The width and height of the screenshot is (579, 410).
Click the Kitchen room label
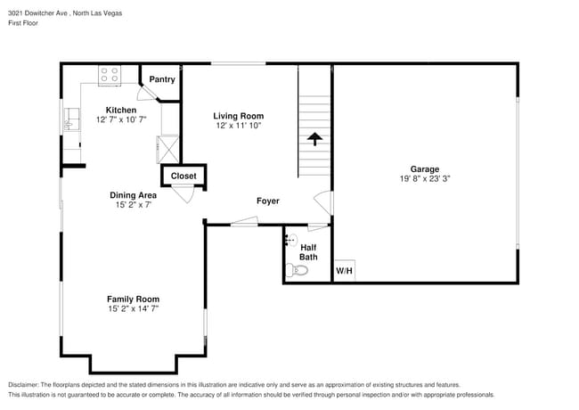click(121, 110)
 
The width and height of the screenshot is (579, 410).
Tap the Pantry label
click(161, 79)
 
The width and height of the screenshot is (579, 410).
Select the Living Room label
click(238, 116)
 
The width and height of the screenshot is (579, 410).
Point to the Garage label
click(424, 168)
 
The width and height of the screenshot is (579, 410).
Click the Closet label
click(183, 176)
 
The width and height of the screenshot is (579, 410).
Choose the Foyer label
click(267, 201)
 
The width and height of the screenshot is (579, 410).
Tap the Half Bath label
click(308, 251)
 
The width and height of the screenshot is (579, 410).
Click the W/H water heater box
click(344, 271)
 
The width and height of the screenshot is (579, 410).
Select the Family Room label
click(133, 299)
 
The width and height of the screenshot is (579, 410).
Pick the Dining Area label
click(133, 194)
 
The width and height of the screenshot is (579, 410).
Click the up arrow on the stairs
click(314, 139)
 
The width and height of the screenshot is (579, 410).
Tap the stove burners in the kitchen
click(110, 76)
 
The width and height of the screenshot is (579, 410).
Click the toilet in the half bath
click(298, 269)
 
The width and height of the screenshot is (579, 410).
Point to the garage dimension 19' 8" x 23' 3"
click(424, 178)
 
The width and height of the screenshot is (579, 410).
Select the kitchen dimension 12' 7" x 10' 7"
click(121, 119)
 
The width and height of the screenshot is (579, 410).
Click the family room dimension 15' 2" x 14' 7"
click(133, 308)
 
